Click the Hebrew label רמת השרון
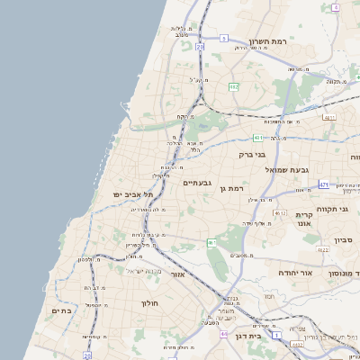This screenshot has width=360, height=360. [267, 40]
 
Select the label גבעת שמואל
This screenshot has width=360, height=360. [287, 169]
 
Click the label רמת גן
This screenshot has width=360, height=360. [232, 188]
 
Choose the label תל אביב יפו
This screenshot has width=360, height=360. [133, 194]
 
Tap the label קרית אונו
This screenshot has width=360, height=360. [304, 220]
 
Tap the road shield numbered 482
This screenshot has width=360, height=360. [233, 87]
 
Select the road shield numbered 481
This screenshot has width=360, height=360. [258, 138]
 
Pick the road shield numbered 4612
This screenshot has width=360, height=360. [280, 213]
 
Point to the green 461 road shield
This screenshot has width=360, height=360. [211, 243]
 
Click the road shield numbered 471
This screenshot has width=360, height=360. [323, 184]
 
